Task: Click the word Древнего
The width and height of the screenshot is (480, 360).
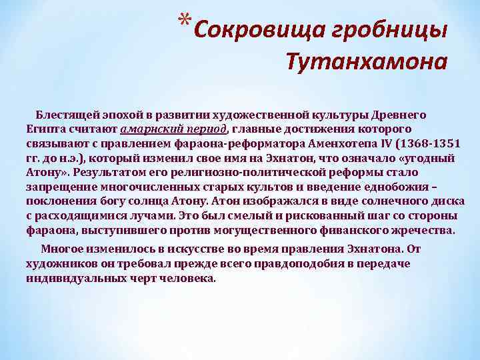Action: pyautogui.click(x=407, y=115)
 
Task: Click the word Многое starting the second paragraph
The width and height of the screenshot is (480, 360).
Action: pyautogui.click(x=61, y=249)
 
